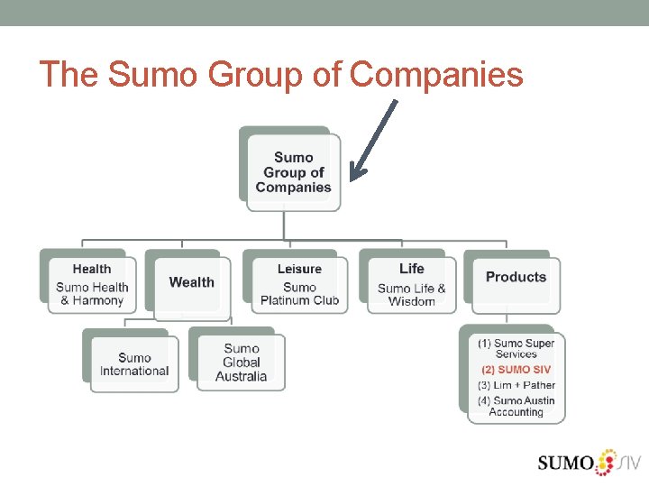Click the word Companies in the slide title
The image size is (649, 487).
coord(436,75)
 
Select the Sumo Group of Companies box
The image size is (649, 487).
coord(293,172)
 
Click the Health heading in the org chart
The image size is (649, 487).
coord(92,269)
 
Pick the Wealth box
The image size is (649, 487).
coord(192,282)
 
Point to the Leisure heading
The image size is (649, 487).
coord(299,269)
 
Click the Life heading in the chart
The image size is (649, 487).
coord(411,269)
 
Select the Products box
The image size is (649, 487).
coord(516,278)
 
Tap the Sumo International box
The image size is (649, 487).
coord(134,364)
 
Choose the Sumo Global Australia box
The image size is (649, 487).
coord(241,363)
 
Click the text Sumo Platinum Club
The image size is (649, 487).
coord(299,294)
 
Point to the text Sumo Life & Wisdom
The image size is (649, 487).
coord(411,295)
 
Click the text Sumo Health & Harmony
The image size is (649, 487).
coord(92,294)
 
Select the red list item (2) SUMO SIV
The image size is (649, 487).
coord(516,370)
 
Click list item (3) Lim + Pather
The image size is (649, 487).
coord(516,385)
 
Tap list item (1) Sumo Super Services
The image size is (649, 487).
coord(516,349)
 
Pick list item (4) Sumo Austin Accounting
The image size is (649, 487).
coord(516,407)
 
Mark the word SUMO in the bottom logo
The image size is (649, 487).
coord(565,464)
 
